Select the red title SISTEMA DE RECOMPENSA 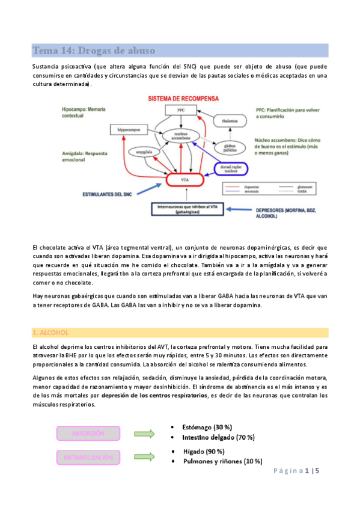click(x=180, y=99)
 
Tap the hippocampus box click(x=127, y=129)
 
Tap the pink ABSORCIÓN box click(x=88, y=433)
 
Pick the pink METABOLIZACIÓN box click(x=88, y=458)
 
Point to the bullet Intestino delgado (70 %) click(x=219, y=437)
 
